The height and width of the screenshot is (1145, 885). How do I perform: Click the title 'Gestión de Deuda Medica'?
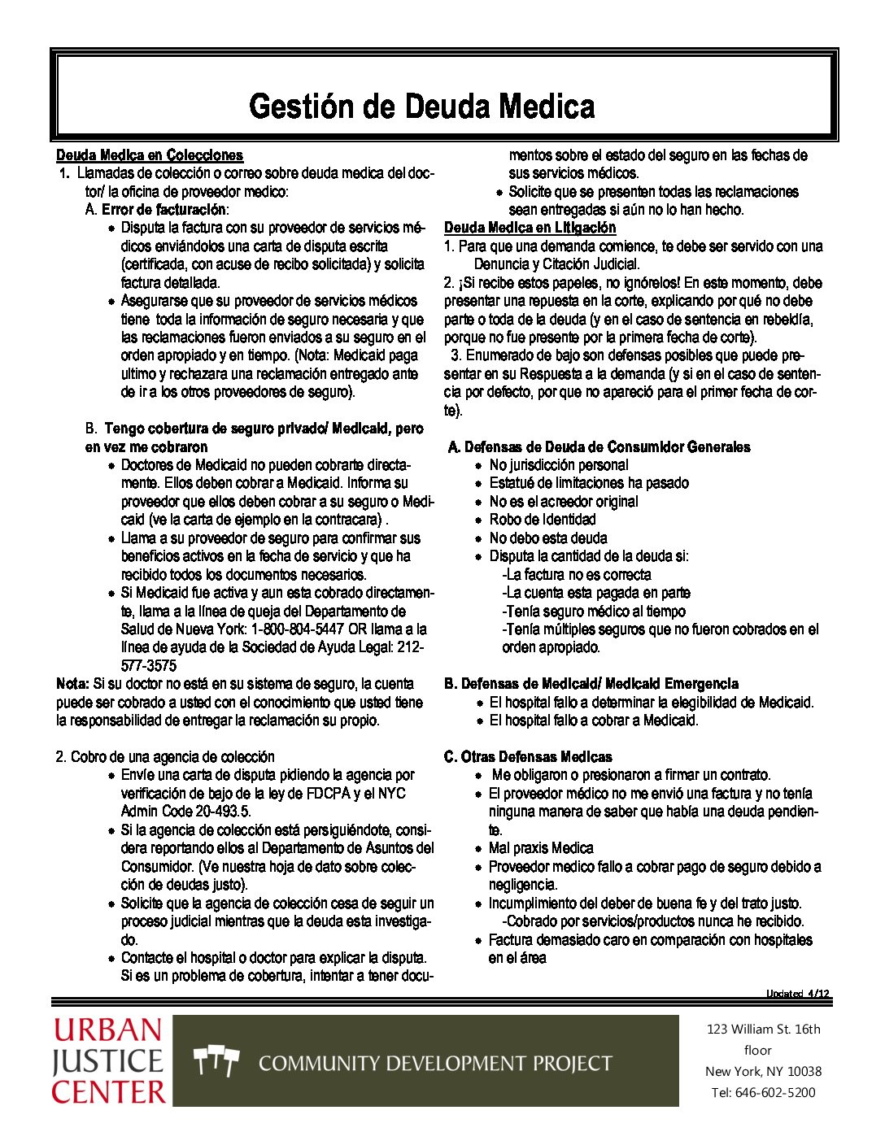tap(421, 107)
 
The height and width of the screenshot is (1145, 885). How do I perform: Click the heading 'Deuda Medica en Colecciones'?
tap(150, 155)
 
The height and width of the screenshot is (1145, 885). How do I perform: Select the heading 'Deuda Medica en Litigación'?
tap(530, 228)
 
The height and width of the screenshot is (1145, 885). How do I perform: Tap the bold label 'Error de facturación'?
tap(163, 210)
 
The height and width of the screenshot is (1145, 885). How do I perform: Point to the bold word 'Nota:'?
tap(73, 684)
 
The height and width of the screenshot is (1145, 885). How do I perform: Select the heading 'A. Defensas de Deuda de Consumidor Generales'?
tap(599, 447)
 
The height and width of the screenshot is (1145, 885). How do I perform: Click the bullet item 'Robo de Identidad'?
tap(542, 520)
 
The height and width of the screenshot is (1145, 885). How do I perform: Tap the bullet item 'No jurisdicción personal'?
tap(558, 465)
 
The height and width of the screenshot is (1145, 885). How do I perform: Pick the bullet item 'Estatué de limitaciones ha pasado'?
tap(588, 483)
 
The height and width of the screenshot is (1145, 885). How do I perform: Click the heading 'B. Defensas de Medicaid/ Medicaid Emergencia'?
tap(591, 684)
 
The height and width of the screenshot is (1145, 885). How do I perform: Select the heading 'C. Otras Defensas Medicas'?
tap(528, 757)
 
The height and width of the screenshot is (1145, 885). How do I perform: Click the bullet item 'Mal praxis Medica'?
tap(541, 848)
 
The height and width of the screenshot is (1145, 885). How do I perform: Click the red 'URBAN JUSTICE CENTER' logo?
tap(109, 1061)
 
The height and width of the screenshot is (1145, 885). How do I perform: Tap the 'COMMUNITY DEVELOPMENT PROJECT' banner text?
tap(435, 1063)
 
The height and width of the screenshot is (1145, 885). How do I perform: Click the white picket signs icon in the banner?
tap(216, 1060)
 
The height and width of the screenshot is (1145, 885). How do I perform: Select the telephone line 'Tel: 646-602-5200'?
tap(763, 1092)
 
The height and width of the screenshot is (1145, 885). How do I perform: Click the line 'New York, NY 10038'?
tap(763, 1071)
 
